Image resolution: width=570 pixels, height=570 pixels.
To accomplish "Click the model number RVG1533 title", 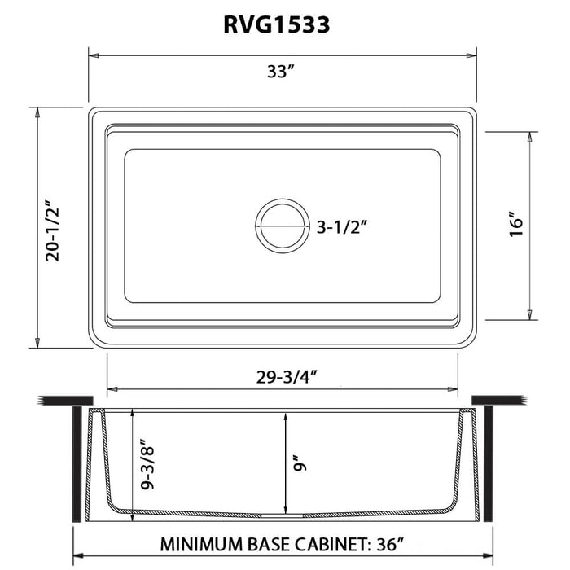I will [x=276, y=25].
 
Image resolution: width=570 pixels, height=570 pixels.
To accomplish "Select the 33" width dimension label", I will [x=278, y=72].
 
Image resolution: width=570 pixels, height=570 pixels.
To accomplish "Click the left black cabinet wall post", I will [x=77, y=465].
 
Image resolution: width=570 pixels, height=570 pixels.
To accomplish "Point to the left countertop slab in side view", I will [x=62, y=401].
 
